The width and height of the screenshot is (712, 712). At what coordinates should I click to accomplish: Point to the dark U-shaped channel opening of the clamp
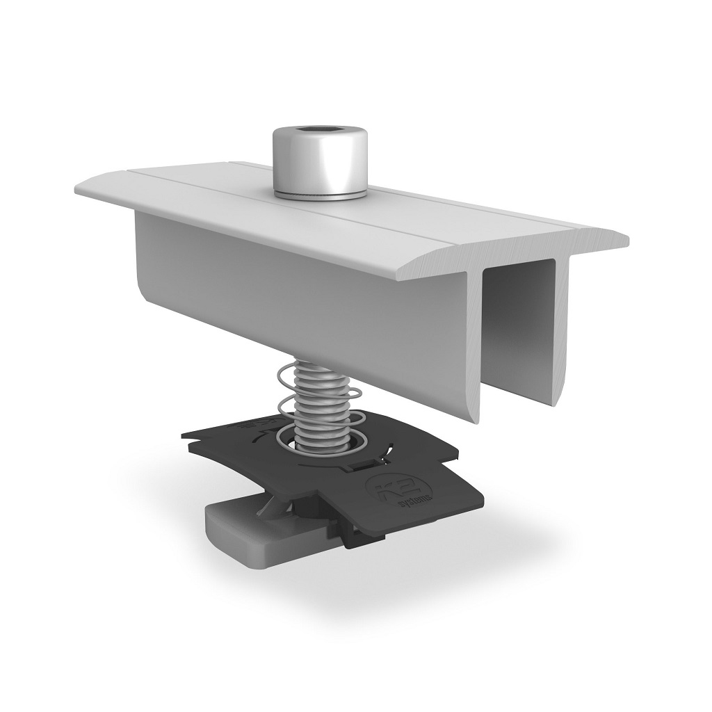(x=518, y=327)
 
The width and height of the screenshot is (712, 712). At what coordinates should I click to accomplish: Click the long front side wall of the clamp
(x=313, y=292)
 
